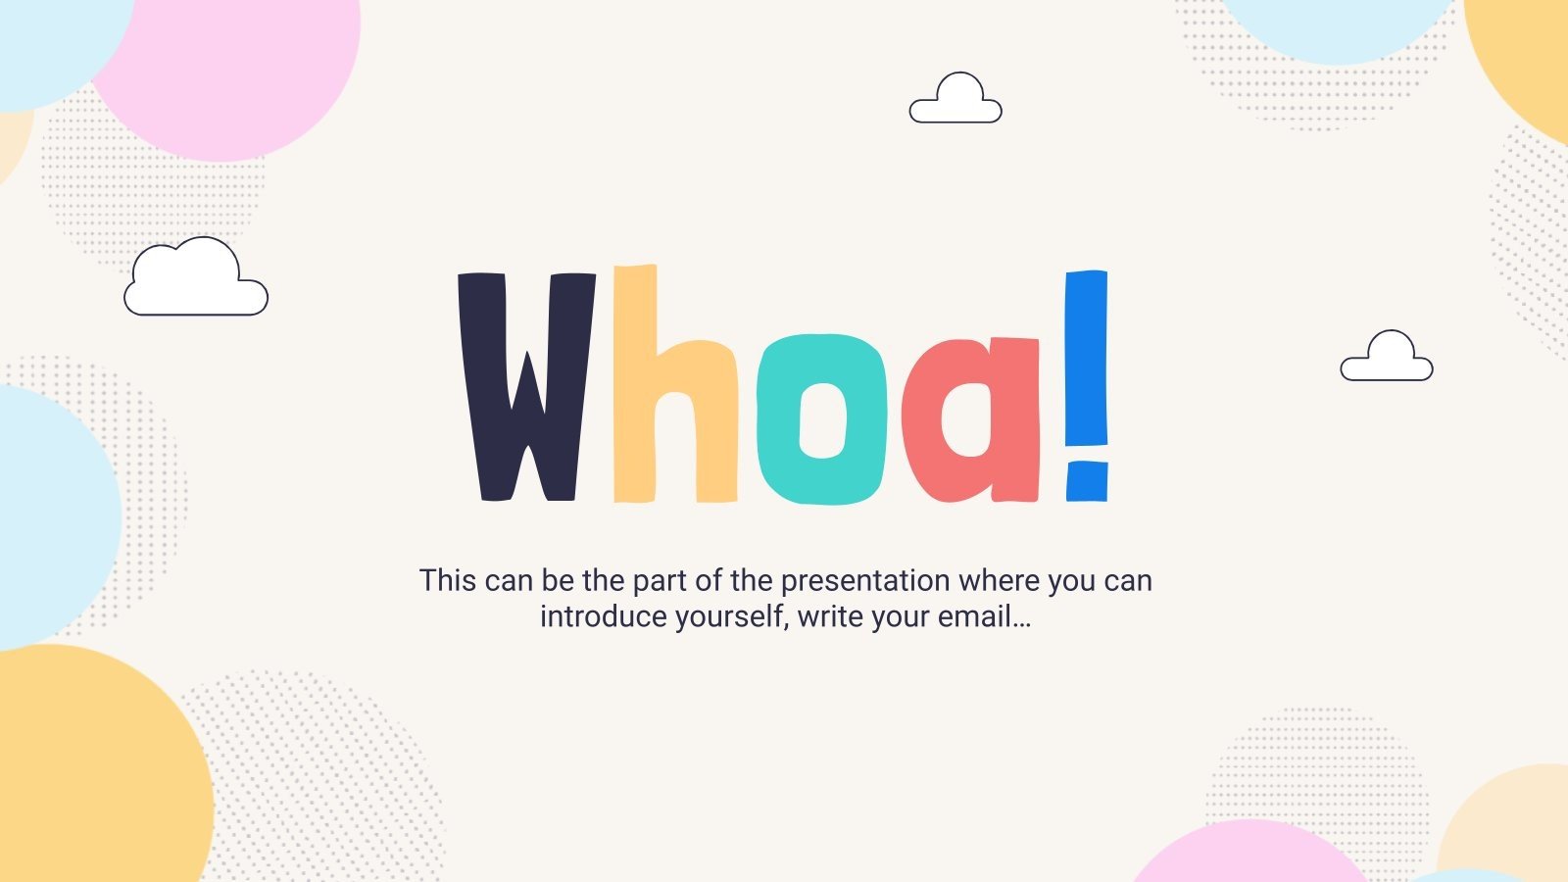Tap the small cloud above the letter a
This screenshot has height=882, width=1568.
[955, 101]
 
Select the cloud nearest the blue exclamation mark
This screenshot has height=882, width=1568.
[1387, 360]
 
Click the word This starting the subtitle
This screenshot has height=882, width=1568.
[447, 581]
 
